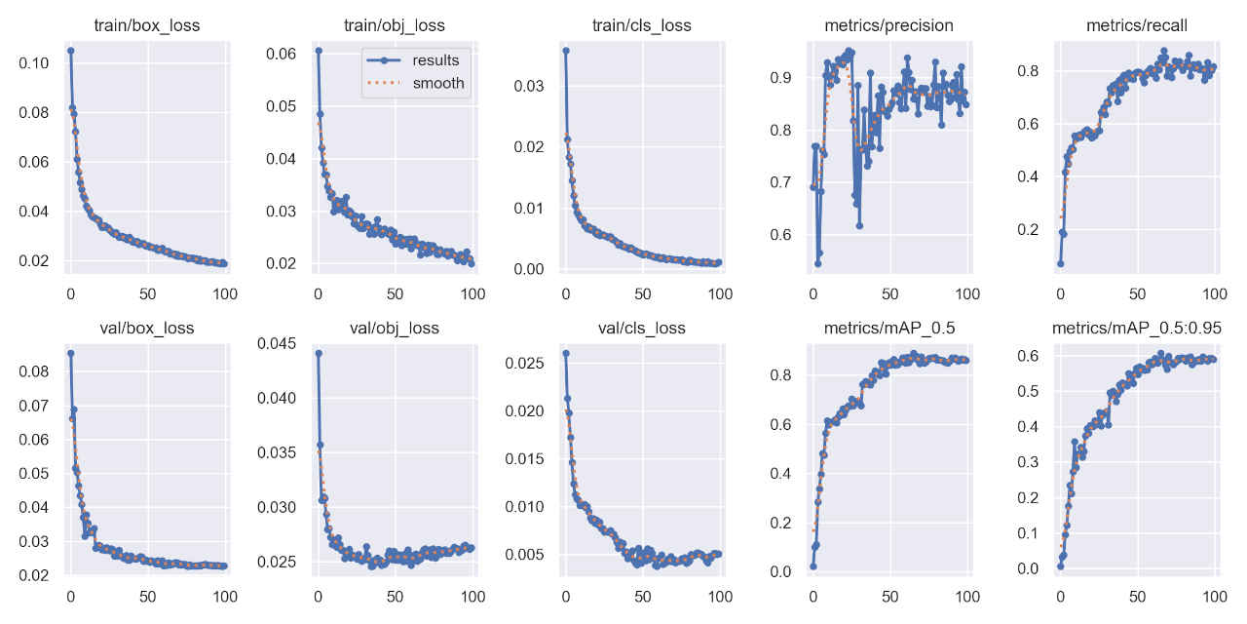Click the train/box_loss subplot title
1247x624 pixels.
[147, 25]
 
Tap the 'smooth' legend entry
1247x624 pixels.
[438, 84]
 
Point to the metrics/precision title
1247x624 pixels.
[889, 25]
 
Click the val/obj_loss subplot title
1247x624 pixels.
[395, 328]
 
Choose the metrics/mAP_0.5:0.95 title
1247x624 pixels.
[1137, 328]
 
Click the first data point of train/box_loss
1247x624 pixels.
[70, 51]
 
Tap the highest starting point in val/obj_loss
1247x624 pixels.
[318, 353]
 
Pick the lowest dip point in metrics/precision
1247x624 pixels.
[817, 263]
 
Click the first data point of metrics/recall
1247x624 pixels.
[1060, 263]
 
